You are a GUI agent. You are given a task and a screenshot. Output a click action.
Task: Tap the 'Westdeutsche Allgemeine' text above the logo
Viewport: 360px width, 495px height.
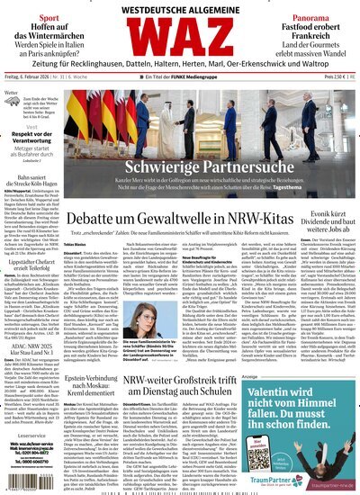(180, 8)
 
